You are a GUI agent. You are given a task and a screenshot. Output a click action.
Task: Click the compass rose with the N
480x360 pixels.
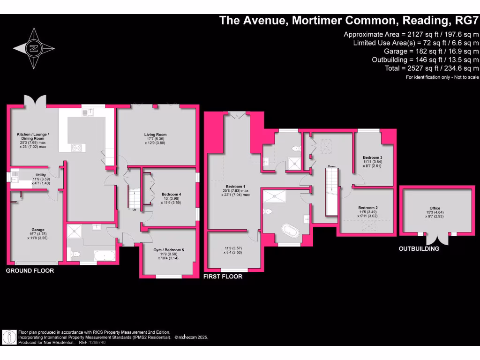coord(33,48)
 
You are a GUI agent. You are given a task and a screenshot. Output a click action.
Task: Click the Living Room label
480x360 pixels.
coord(155,135)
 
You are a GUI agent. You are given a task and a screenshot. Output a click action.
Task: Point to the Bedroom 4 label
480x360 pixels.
coord(171,194)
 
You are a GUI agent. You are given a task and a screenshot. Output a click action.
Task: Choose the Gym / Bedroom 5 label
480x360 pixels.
coord(169,250)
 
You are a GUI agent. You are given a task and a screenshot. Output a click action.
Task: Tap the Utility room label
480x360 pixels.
coord(41,175)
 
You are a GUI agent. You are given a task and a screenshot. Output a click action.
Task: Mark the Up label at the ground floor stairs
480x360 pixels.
coord(134,209)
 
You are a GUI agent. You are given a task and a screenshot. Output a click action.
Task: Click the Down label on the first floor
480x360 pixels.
coord(331,166)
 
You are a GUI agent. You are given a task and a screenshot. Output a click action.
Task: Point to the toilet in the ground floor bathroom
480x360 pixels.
coord(75,255)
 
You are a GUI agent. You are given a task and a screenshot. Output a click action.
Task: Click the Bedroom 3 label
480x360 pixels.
coord(373,157)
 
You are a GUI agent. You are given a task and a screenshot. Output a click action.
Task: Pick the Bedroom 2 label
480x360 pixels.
coord(368,208)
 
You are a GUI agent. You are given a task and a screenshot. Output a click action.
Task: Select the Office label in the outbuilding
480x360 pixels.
coord(435,208)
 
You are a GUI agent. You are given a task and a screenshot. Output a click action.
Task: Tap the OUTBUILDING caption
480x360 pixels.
coord(419,248)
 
